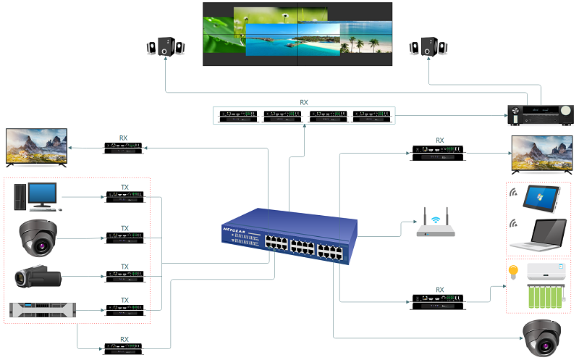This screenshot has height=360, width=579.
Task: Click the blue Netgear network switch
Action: pos(289,239)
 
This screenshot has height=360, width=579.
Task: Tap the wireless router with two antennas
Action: pos(436,225)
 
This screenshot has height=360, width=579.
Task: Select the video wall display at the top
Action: pos(297,34)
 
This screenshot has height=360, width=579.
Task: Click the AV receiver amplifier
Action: pos(540,112)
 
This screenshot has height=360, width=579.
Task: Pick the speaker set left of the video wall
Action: pos(165,47)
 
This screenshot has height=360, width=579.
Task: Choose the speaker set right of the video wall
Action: pos(428,47)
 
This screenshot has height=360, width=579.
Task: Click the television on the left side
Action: pos(36,147)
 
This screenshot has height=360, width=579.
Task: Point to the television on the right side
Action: pos(541,153)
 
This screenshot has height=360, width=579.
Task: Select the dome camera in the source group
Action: pos(39,238)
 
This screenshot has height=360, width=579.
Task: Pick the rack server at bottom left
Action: pos(42,310)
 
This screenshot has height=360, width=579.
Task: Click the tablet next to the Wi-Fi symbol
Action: pos(544,196)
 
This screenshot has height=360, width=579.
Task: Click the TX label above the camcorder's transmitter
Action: pos(124,266)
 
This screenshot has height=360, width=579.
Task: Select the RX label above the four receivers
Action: pos(304,103)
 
